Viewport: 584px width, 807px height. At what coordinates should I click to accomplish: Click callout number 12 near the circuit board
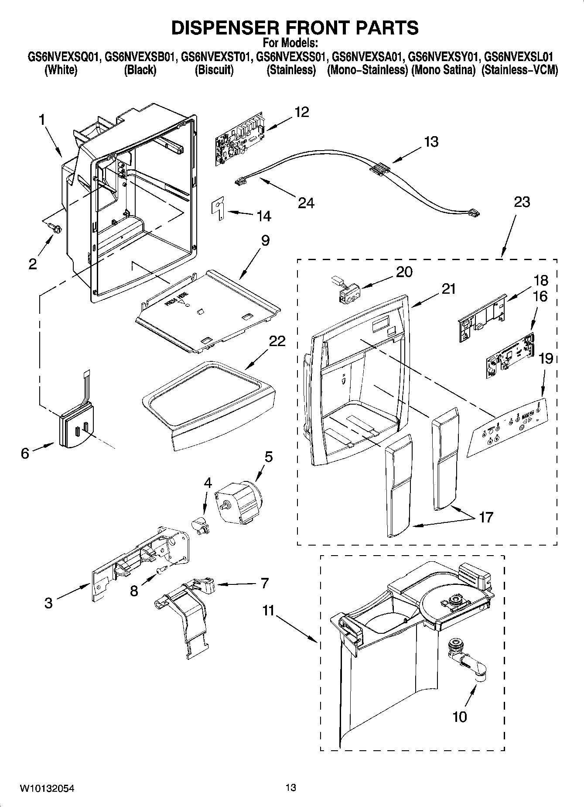(301, 112)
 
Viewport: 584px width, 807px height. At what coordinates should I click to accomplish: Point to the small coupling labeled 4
(201, 524)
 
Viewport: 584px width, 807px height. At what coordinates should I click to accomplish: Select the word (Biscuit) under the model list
(214, 70)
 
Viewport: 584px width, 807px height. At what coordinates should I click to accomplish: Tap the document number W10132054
(47, 788)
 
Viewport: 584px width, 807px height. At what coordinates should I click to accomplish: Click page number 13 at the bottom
(290, 788)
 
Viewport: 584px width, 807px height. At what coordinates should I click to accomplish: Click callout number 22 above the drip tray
(277, 341)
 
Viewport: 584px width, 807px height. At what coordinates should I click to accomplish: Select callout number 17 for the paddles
(485, 517)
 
